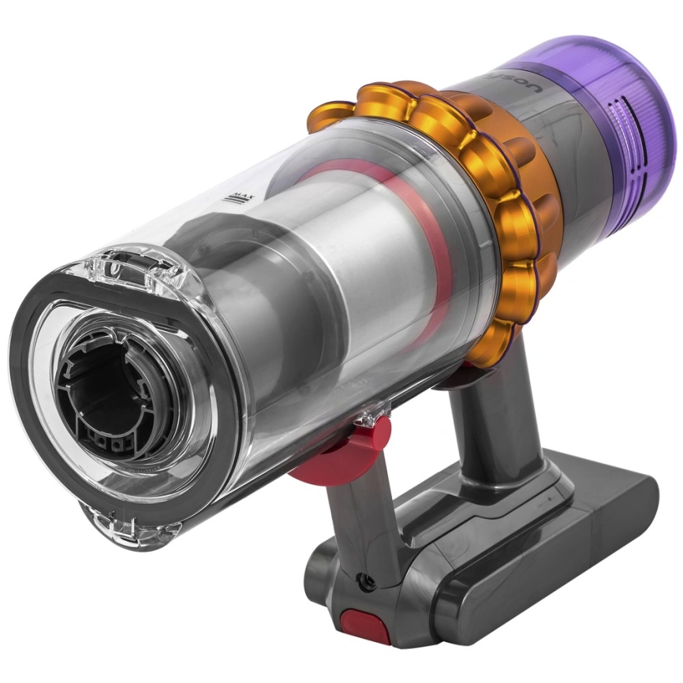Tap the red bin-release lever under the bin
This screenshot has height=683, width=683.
[x=347, y=453]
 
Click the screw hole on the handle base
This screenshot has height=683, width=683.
[x=364, y=581]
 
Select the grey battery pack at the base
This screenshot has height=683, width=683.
[x=536, y=544]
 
